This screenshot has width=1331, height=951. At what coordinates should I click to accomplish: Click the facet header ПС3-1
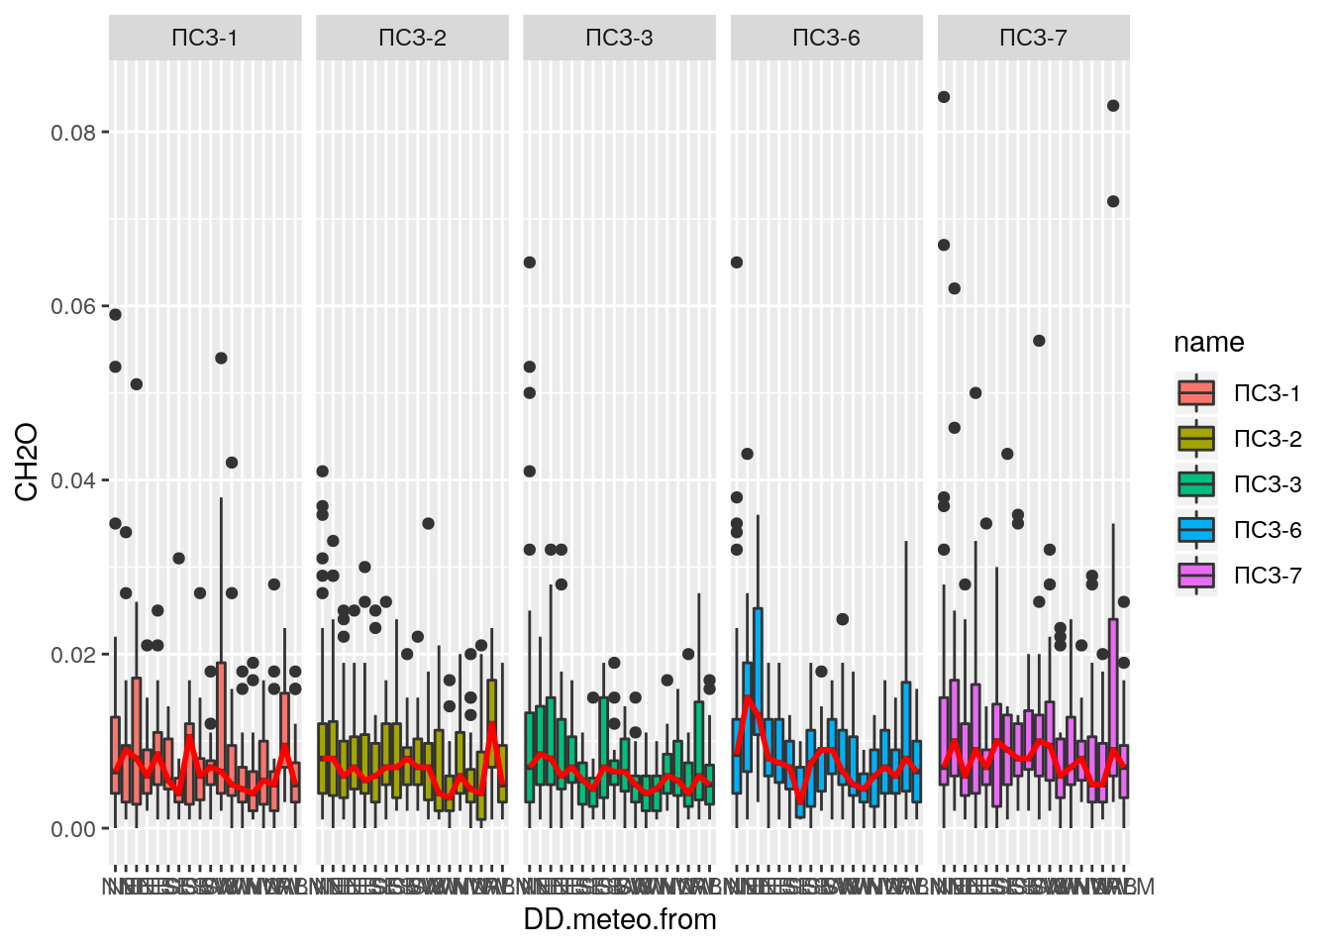[x=205, y=38]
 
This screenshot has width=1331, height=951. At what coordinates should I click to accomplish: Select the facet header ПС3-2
[x=412, y=38]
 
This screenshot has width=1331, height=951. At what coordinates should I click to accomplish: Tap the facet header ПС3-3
[x=619, y=38]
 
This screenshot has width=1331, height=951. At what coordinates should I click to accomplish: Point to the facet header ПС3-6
[x=826, y=38]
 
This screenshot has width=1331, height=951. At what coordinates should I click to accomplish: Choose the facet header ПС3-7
[x=1033, y=38]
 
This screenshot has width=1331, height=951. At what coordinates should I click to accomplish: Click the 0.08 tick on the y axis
[x=73, y=133]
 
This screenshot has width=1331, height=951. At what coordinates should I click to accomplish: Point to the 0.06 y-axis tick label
[x=73, y=307]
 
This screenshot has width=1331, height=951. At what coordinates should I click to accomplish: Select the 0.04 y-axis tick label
[x=73, y=481]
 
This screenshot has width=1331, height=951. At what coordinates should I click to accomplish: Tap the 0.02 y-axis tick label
[x=73, y=655]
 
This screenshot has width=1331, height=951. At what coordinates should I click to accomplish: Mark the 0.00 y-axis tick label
[x=73, y=829]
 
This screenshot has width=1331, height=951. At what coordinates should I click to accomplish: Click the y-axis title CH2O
[x=27, y=462]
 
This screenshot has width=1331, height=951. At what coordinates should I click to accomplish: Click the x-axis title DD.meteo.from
[x=620, y=919]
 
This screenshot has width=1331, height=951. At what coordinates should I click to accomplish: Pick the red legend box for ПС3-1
[x=1196, y=393]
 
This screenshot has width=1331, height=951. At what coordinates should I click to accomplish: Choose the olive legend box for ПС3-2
[x=1196, y=439]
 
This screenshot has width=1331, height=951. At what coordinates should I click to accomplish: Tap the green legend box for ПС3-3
[x=1196, y=484]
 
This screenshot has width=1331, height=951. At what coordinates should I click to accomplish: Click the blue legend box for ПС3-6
[x=1196, y=530]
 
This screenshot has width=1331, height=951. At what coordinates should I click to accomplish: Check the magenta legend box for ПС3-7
[x=1196, y=576]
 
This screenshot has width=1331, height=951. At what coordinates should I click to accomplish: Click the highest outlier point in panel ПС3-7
[x=944, y=97]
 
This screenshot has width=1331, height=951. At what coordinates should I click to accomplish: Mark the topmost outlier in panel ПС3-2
[x=323, y=472]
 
